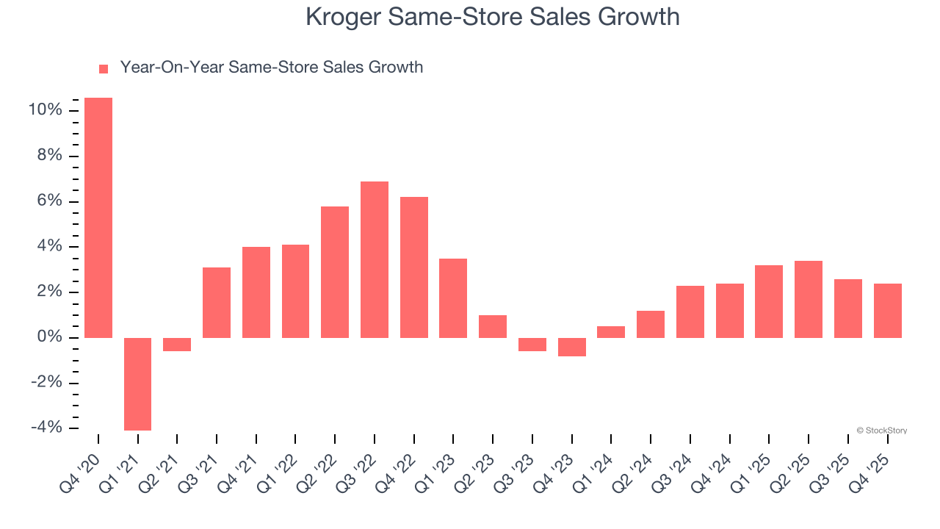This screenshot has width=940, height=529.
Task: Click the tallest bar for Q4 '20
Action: [98, 217]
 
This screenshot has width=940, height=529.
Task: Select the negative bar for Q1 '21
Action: [137, 384]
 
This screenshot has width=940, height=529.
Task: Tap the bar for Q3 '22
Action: [374, 259]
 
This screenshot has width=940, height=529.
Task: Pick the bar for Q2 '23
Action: [492, 326]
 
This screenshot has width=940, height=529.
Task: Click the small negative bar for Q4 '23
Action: [571, 347]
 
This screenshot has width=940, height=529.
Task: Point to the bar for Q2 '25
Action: [808, 299]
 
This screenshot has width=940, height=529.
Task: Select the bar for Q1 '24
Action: [611, 332]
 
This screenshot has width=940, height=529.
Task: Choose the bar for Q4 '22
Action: [413, 267]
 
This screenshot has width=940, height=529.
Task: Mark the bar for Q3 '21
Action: [217, 303]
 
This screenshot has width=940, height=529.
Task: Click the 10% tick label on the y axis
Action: [46, 110]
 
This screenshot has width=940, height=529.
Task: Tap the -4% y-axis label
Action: [46, 428]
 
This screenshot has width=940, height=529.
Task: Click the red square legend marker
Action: [104, 68]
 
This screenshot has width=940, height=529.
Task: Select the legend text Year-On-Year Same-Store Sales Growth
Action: [271, 68]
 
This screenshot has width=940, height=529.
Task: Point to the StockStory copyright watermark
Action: [881, 431]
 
